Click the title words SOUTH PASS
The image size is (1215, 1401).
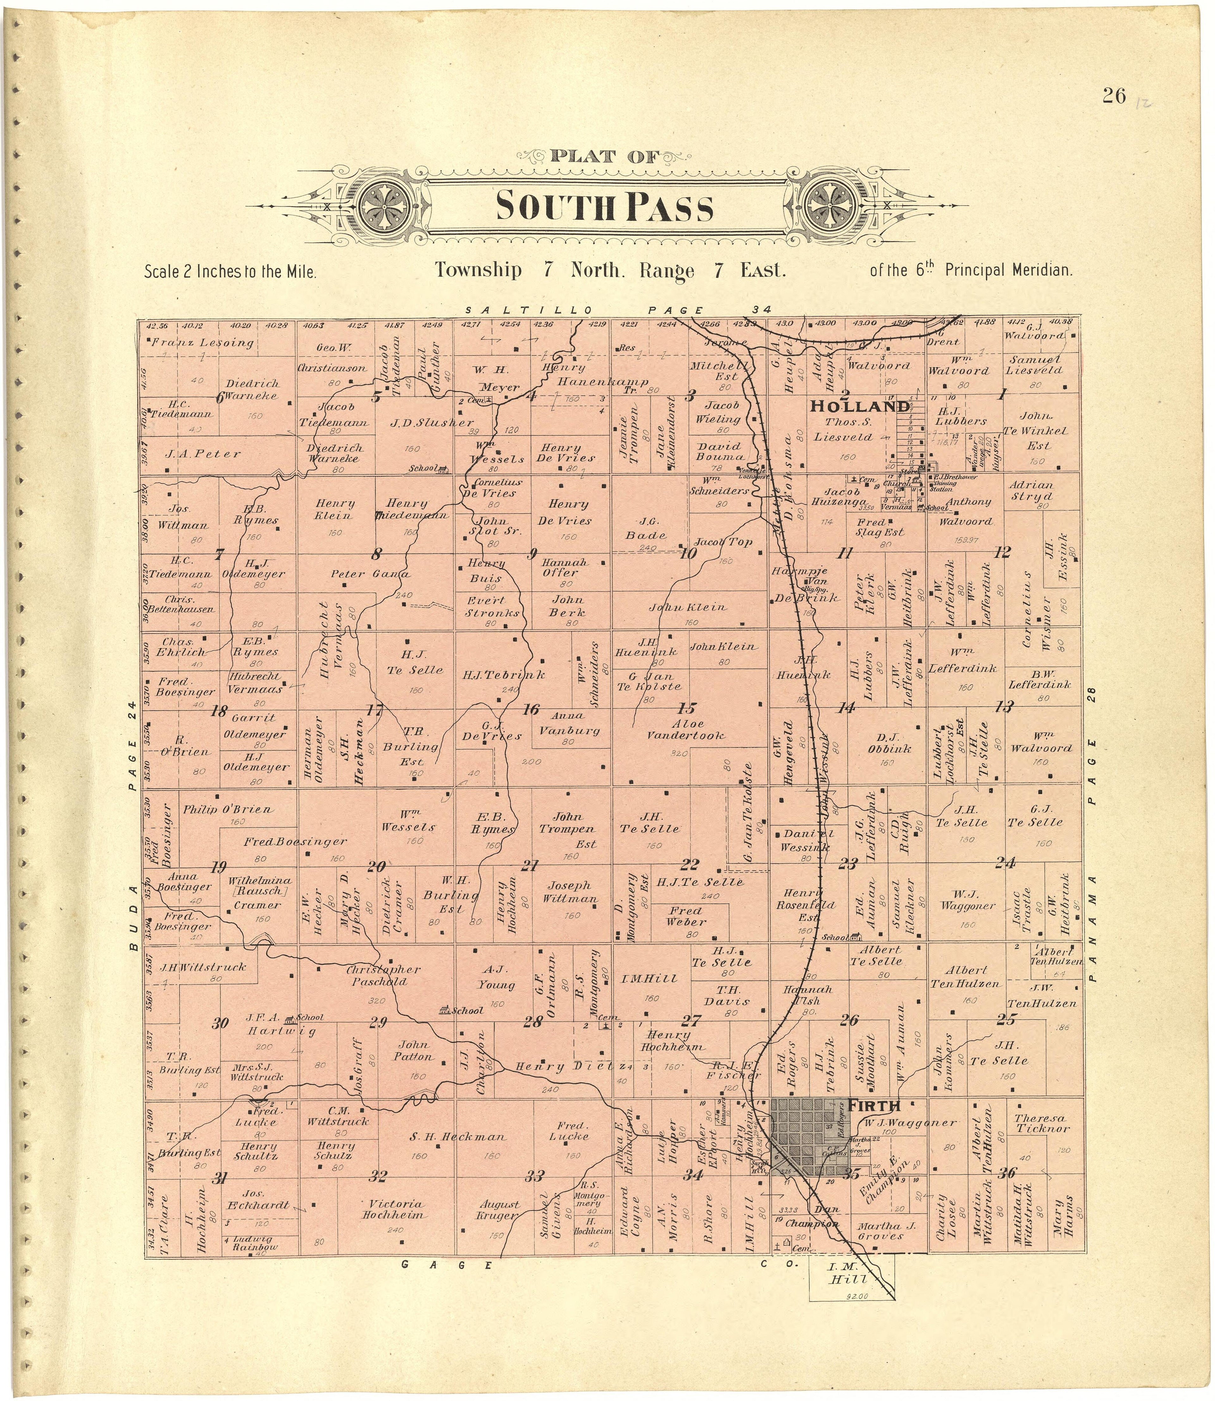(x=605, y=207)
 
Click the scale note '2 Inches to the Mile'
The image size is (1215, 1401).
(x=231, y=272)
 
